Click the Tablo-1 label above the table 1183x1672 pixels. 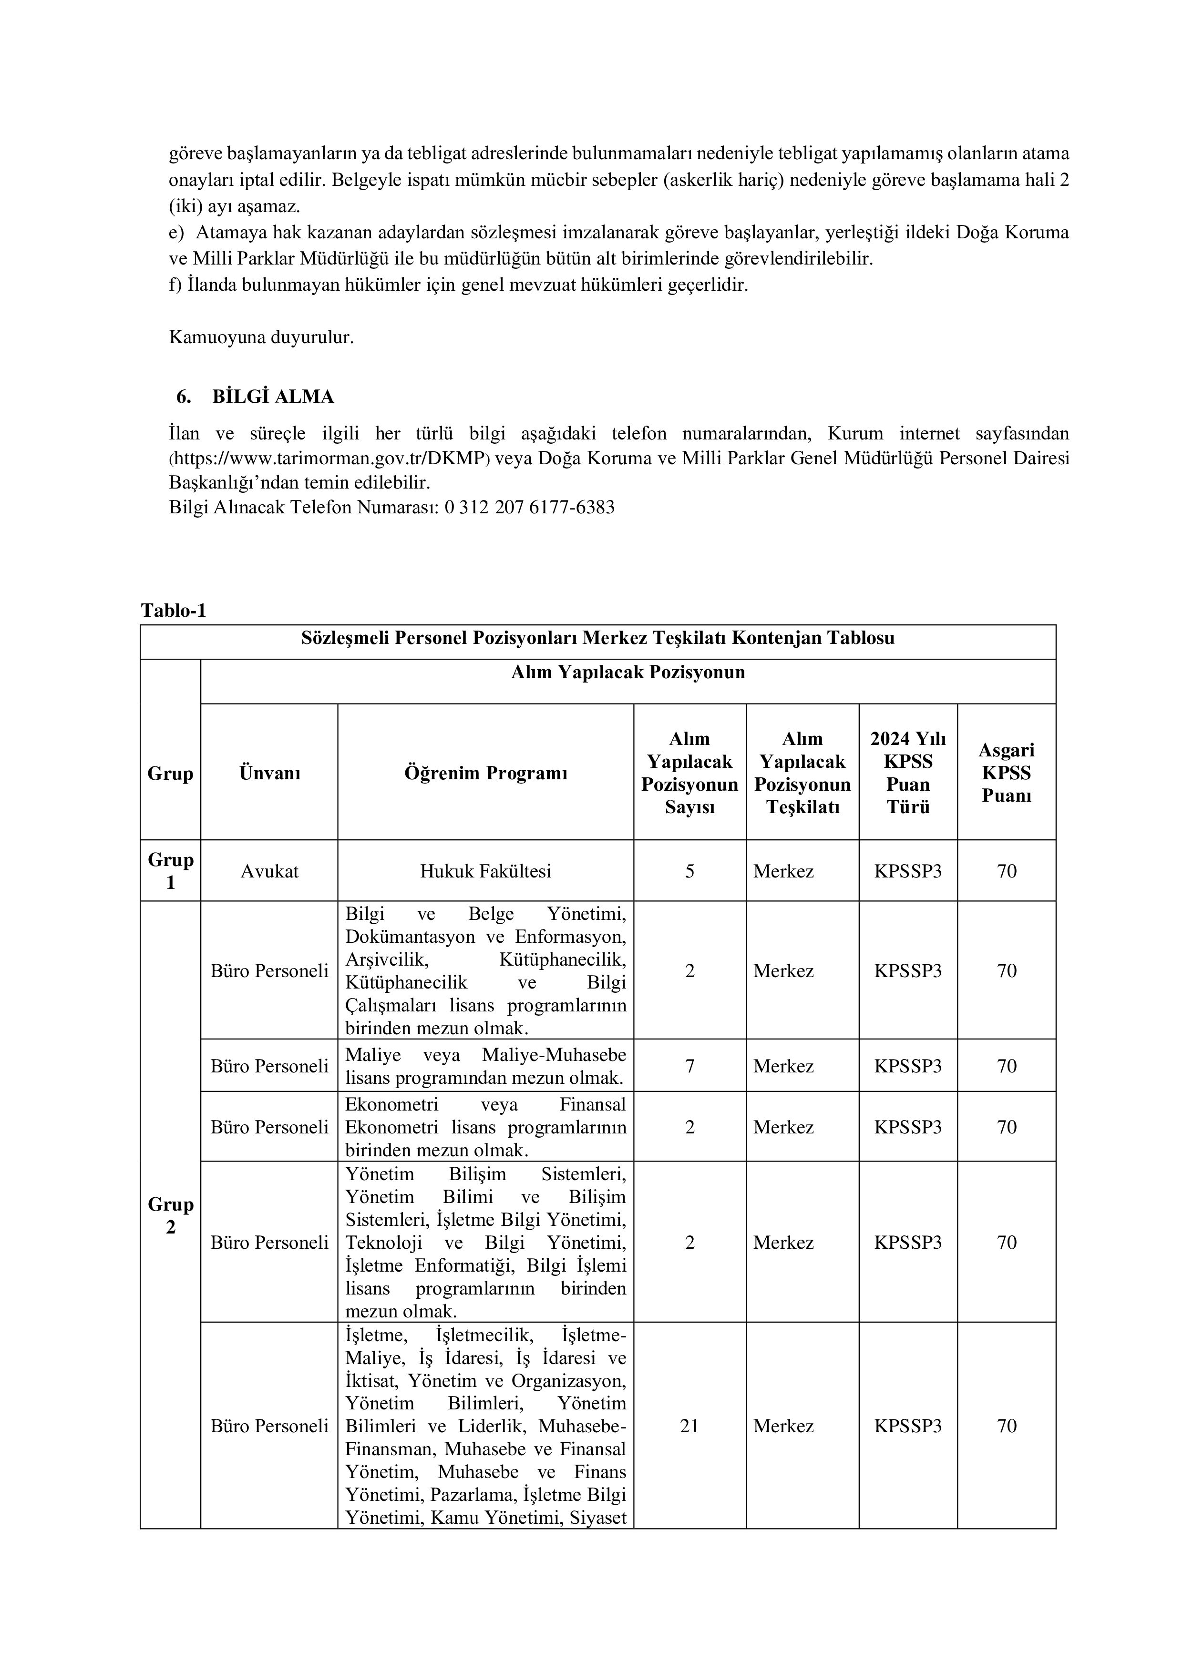(174, 610)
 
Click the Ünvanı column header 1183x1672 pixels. (269, 773)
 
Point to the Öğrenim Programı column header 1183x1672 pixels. (486, 773)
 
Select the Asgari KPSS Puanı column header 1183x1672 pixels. (1006, 773)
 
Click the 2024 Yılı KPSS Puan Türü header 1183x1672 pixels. (908, 773)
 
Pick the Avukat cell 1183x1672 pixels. (269, 871)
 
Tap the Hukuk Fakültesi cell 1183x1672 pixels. (486, 871)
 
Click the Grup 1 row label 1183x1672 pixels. (170, 871)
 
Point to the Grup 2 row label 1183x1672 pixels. (170, 1215)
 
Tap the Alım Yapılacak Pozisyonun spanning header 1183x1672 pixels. (628, 672)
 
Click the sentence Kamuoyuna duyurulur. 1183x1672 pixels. (261, 338)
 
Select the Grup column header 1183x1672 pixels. (170, 773)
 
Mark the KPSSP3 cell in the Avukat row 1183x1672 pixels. (908, 871)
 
